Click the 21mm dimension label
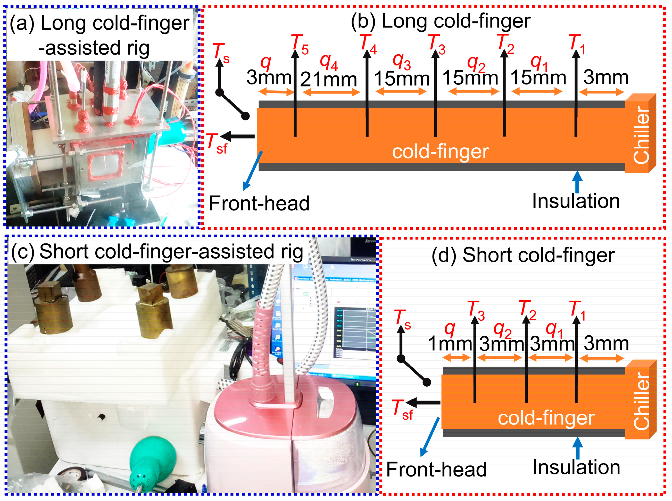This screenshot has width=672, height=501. [328, 79]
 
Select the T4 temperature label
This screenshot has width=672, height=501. [368, 44]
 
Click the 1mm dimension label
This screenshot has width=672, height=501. [450, 344]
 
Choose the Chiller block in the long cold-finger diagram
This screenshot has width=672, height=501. [641, 133]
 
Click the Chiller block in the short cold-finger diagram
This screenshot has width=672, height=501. [641, 400]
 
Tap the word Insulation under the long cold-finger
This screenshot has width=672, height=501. [576, 201]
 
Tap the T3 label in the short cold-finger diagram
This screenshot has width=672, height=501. [476, 310]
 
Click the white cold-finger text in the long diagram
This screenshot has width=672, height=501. [441, 151]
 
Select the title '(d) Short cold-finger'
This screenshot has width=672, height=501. [523, 255]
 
